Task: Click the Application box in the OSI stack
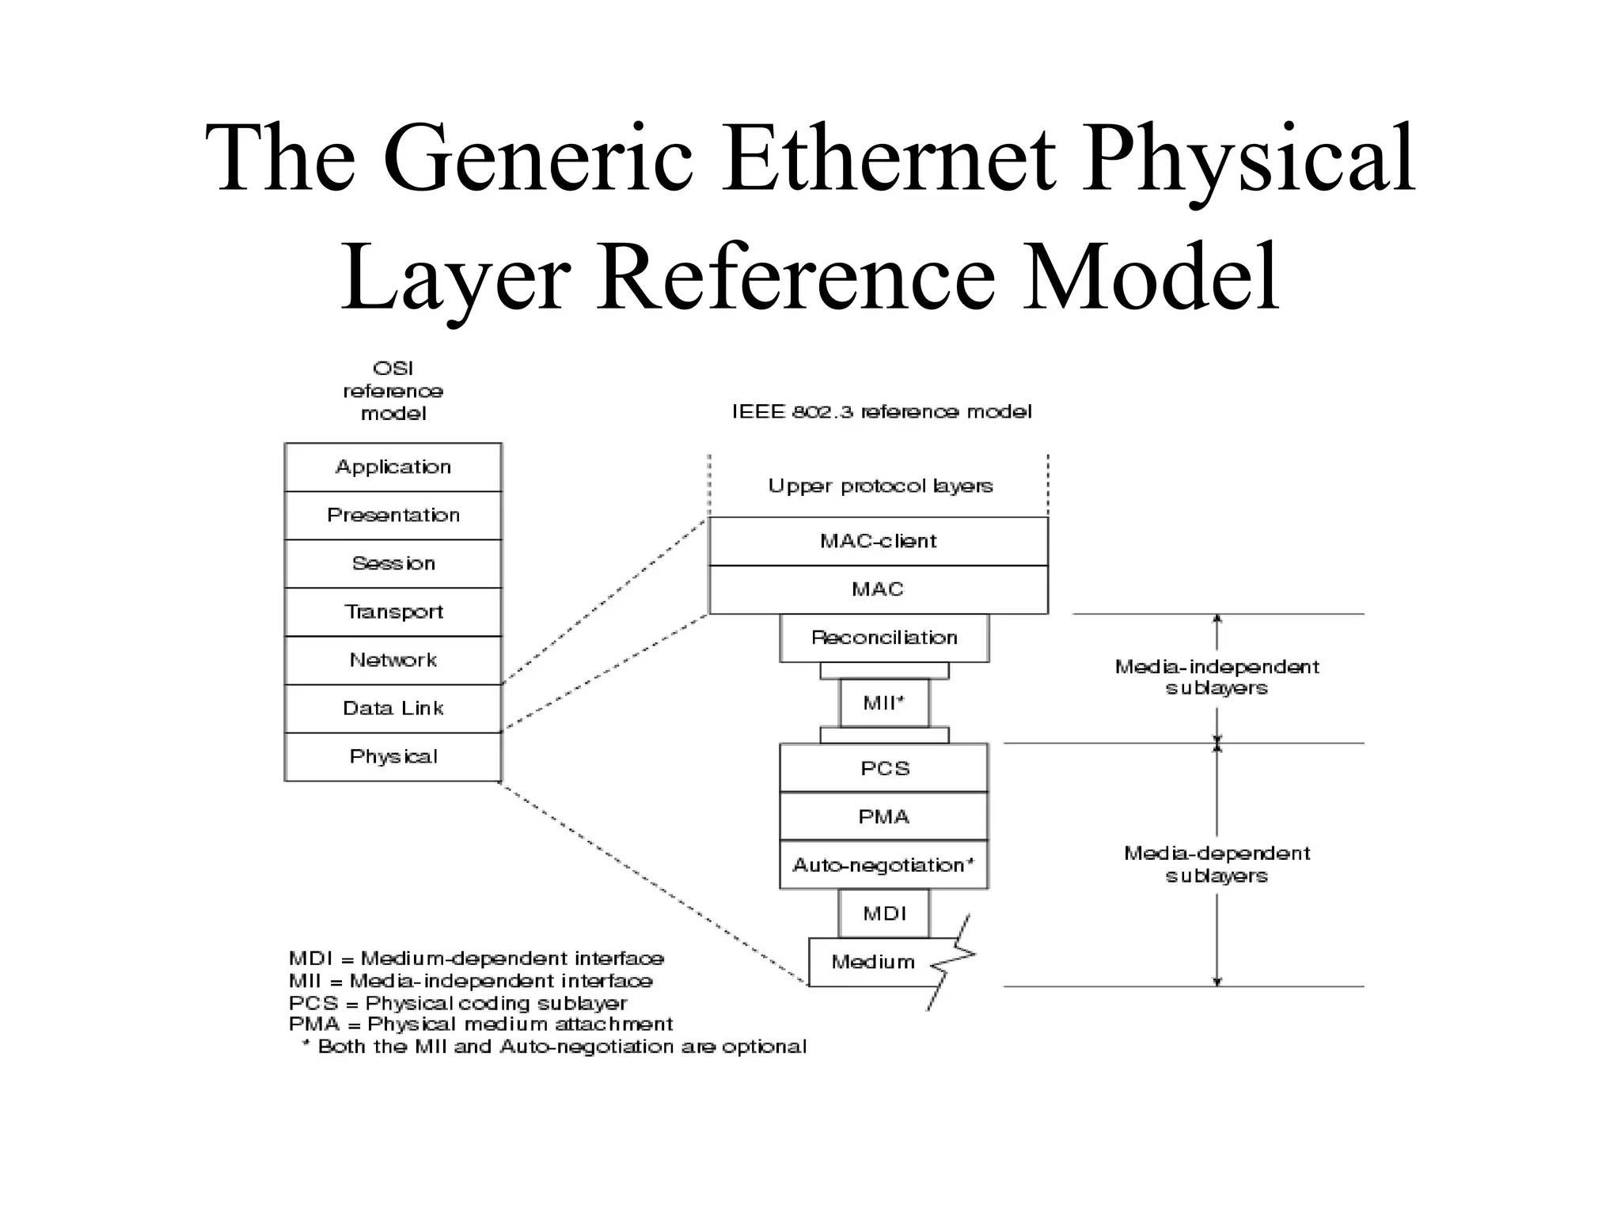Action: point(393,467)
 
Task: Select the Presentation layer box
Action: point(393,516)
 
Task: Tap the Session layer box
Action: point(393,564)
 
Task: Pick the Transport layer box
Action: point(393,612)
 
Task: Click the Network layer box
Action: point(393,660)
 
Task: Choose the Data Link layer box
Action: point(393,709)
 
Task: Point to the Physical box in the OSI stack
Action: point(393,757)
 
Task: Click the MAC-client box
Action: point(878,541)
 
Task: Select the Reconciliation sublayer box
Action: point(884,638)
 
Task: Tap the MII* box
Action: point(884,702)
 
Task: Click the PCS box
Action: point(884,768)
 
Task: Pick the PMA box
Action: point(884,816)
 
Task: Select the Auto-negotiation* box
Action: point(884,865)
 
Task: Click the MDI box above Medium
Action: point(884,914)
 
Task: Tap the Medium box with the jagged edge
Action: point(872,962)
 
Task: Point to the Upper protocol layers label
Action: point(880,486)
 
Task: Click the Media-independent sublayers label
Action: point(1217,677)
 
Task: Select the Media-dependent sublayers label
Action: point(1217,864)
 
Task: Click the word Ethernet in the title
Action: point(888,158)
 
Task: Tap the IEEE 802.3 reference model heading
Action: point(881,411)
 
